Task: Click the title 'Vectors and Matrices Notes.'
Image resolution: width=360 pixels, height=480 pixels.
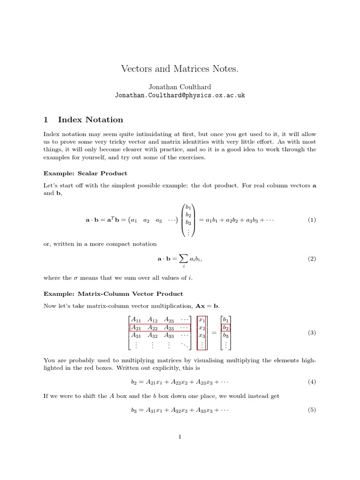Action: tap(180, 69)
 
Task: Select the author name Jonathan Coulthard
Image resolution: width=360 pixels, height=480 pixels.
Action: tap(180, 87)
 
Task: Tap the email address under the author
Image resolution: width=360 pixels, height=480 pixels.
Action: tap(180, 95)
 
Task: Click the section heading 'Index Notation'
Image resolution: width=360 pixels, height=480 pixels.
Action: tap(90, 120)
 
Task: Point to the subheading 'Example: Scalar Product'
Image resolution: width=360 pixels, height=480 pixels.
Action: tap(85, 173)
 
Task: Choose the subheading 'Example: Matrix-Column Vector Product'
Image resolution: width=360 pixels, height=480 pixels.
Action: tap(113, 294)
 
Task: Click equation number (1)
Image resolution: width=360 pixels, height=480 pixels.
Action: tap(312, 220)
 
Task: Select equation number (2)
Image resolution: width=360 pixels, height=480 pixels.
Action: tap(312, 259)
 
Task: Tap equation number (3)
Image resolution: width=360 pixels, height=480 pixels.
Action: tap(312, 332)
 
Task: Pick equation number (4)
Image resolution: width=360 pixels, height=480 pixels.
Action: tap(312, 382)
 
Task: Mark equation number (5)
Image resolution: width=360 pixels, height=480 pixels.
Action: tap(312, 410)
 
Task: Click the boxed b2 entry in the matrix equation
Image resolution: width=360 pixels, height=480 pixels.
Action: tap(225, 328)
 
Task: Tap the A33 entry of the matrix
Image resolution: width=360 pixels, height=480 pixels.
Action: tap(169, 336)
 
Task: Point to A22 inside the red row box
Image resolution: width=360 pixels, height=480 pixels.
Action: tap(153, 328)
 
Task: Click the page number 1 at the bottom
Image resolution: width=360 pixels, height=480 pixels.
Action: tap(180, 437)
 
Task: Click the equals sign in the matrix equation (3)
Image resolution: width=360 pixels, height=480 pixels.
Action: tap(214, 332)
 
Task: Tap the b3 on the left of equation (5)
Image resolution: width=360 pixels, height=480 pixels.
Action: tap(134, 410)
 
